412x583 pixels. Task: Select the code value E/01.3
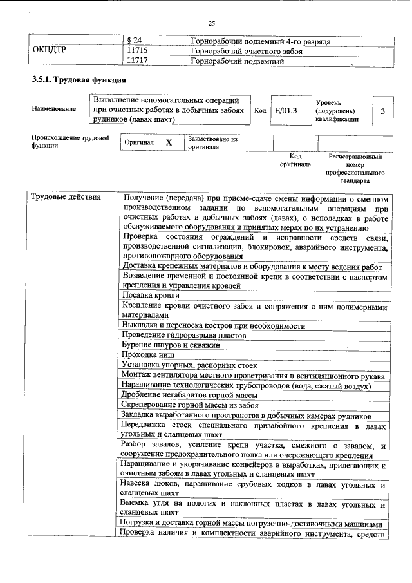point(285,111)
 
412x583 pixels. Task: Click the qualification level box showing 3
point(382,111)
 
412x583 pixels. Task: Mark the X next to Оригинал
point(169,142)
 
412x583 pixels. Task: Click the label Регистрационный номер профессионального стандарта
point(355,169)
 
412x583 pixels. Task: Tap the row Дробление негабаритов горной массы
point(189,395)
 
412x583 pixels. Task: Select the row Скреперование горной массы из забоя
point(190,405)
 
